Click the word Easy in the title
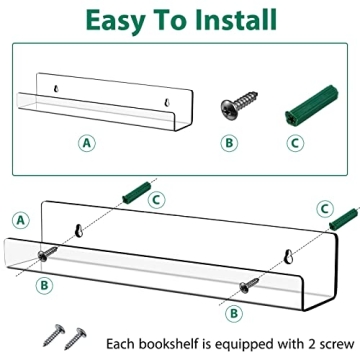click(x=115, y=21)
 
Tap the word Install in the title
click(x=236, y=19)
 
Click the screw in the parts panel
click(x=239, y=105)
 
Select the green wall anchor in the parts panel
click(x=312, y=104)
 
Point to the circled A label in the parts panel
click(x=87, y=143)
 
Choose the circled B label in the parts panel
click(x=229, y=143)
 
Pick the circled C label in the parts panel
click(x=295, y=143)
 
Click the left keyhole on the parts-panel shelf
click(x=56, y=89)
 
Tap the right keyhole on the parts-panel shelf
click(x=167, y=103)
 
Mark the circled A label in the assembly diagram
click(x=21, y=220)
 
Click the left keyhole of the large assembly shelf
click(x=79, y=230)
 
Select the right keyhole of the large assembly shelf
click(x=288, y=256)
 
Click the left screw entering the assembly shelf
click(x=47, y=253)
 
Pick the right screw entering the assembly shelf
click(x=249, y=286)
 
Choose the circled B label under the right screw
click(x=234, y=313)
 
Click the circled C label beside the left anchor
click(x=156, y=200)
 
